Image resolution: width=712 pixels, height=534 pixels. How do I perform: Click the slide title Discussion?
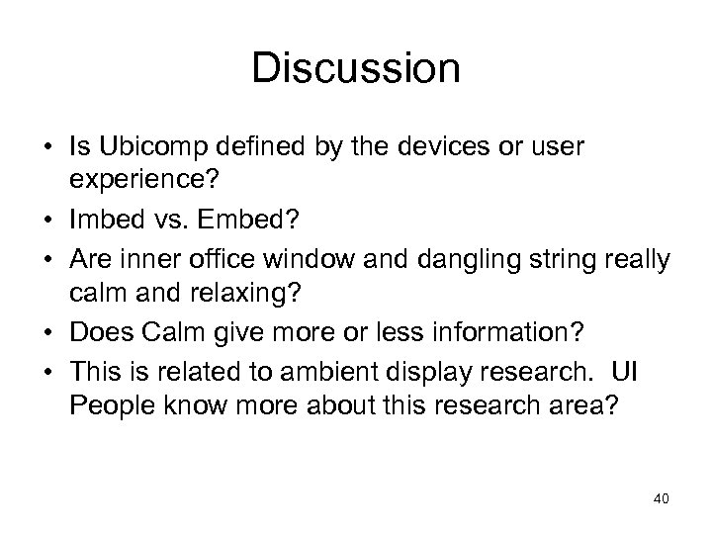click(356, 70)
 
